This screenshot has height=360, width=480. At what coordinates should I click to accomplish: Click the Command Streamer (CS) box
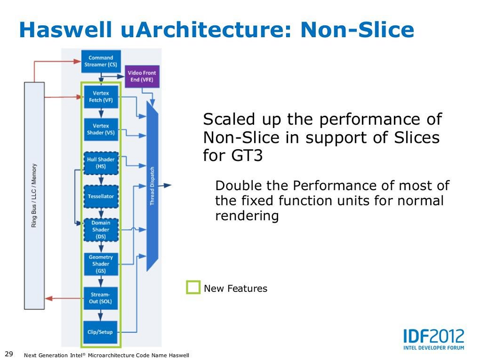coord(101,61)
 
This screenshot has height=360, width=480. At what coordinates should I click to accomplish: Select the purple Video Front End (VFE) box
coord(141,76)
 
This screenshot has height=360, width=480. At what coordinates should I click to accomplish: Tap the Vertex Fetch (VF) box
coord(101,96)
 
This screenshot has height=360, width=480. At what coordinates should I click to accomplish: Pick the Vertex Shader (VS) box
coord(101,129)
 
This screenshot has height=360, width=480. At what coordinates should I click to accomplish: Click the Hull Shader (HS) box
coord(101,163)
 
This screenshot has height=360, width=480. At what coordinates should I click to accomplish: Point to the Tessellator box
coord(101,196)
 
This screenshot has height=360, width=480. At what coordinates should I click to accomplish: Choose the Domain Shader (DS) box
coord(101,229)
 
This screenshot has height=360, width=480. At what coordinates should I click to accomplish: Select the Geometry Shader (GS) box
coord(101,264)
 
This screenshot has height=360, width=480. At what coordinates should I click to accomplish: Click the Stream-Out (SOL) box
coord(101,298)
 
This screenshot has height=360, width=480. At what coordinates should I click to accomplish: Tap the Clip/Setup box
coord(101,332)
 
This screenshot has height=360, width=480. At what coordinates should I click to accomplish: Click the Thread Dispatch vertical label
coord(152,186)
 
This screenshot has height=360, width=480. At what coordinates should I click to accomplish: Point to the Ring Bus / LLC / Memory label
coord(34,195)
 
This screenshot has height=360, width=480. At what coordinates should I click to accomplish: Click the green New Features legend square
coord(193,287)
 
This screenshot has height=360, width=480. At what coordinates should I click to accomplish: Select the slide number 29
coord(9,353)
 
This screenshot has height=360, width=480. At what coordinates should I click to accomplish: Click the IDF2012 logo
coord(433,338)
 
